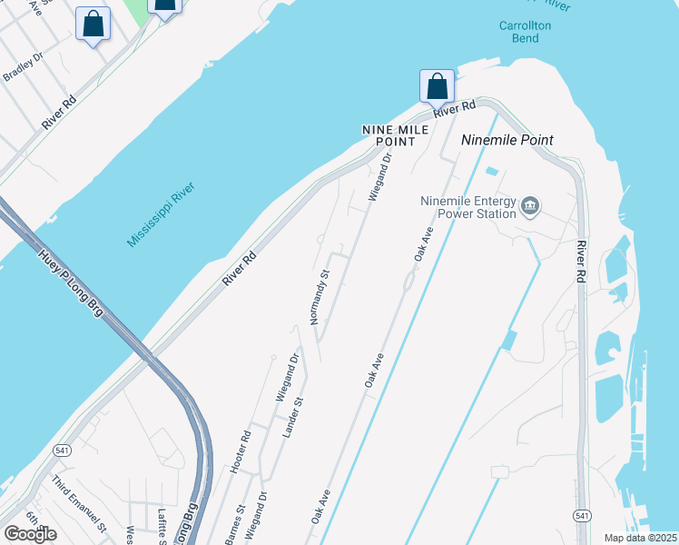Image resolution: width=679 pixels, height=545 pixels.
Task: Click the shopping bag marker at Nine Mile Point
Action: (x=437, y=86)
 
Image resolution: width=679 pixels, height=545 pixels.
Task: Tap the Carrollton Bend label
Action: (x=525, y=32)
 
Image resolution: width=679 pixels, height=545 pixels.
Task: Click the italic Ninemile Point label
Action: (x=507, y=140)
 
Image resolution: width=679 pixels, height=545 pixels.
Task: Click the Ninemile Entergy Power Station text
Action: (x=467, y=207)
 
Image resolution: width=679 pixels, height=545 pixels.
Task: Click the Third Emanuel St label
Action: (x=79, y=502)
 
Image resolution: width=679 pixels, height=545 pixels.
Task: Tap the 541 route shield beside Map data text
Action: (x=582, y=515)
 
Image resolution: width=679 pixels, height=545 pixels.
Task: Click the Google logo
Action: (x=31, y=533)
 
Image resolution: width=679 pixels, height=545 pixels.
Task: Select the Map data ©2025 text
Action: (x=641, y=538)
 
